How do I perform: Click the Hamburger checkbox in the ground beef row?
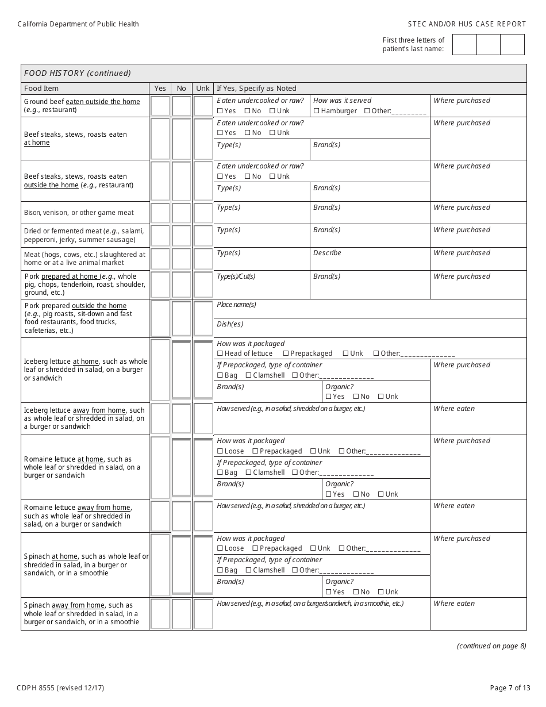[x=317, y=111]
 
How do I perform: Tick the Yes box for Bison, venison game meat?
[x=160, y=213]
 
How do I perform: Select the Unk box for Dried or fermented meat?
[x=203, y=236]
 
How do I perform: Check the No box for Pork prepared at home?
[x=182, y=285]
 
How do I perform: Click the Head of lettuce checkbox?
[x=220, y=353]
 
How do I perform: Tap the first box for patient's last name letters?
[x=464, y=45]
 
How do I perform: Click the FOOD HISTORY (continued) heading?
[x=78, y=73]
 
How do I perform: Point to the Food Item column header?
[x=41, y=89]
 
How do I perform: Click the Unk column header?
[x=203, y=89]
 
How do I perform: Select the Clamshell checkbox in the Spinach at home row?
[x=248, y=570]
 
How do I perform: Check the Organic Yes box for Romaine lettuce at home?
[x=328, y=494]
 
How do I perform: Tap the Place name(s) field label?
[x=236, y=305]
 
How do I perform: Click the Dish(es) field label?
[x=230, y=324]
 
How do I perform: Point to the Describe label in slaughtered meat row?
[x=327, y=253]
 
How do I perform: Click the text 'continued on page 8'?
[x=491, y=645]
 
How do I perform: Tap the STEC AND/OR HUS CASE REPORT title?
[x=467, y=24]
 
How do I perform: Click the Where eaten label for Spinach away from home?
[x=454, y=604]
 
